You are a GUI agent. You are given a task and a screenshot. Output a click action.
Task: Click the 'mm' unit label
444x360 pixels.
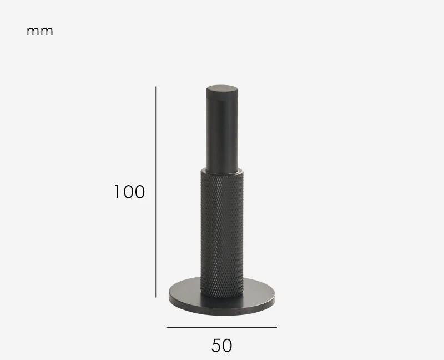[39, 31]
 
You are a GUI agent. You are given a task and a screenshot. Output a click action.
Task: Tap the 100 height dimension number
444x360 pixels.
[130, 192]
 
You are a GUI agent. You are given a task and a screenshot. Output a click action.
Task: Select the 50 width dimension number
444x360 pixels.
[221, 346]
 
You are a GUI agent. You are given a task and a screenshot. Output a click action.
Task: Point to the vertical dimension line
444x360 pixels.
[156, 192]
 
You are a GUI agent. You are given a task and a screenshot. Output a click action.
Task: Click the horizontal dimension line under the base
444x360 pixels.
[222, 327]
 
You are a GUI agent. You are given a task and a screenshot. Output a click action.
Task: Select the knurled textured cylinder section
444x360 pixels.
[222, 234]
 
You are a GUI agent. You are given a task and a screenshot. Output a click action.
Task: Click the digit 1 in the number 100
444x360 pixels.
[118, 192]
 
